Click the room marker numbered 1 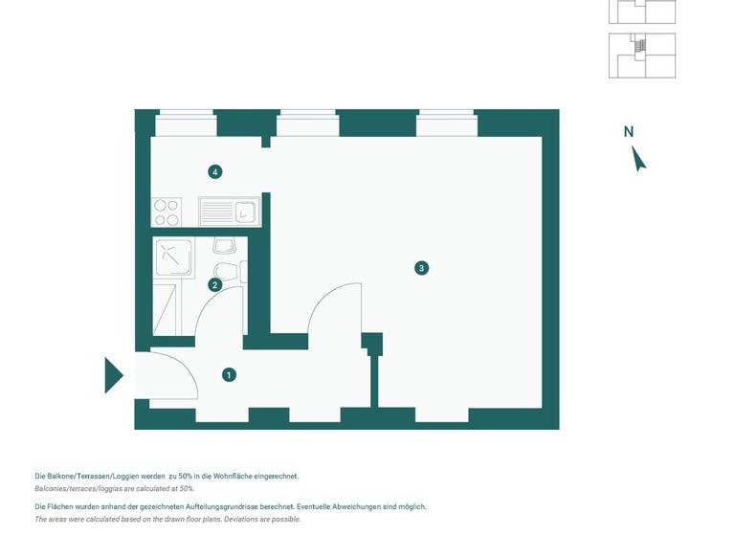click(229, 374)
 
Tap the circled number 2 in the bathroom click(215, 284)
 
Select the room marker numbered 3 click(421, 268)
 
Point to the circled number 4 click(215, 172)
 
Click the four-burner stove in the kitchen click(167, 211)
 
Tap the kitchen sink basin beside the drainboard click(245, 211)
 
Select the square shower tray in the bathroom click(171, 257)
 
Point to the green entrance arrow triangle click(113, 375)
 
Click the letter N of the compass click(629, 132)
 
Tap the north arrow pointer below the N click(639, 159)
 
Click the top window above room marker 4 click(185, 123)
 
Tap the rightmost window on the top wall click(447, 123)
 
